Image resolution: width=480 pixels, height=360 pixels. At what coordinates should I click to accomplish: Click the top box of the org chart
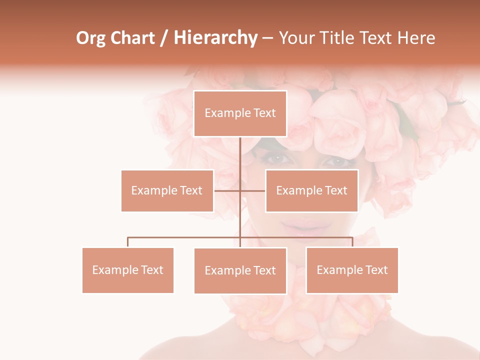point(240,113)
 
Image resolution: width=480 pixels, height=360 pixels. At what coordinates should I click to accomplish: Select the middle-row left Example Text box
point(167,190)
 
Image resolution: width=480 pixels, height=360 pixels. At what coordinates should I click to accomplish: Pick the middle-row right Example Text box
point(311,190)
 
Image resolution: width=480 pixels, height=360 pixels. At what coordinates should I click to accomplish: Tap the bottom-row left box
point(127,270)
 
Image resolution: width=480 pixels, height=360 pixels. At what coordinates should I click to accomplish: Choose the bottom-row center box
point(240,270)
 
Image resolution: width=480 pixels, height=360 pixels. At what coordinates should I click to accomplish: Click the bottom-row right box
point(352,270)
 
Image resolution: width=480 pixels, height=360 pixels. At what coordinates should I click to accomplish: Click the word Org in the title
point(90,38)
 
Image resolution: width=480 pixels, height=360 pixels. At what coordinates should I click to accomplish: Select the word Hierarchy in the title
point(215,38)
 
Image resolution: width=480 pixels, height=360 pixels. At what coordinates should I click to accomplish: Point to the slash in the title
point(164,38)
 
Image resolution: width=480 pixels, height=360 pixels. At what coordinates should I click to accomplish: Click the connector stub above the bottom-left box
point(127,242)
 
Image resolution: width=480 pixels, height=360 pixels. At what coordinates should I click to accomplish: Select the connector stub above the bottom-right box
point(352,242)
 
